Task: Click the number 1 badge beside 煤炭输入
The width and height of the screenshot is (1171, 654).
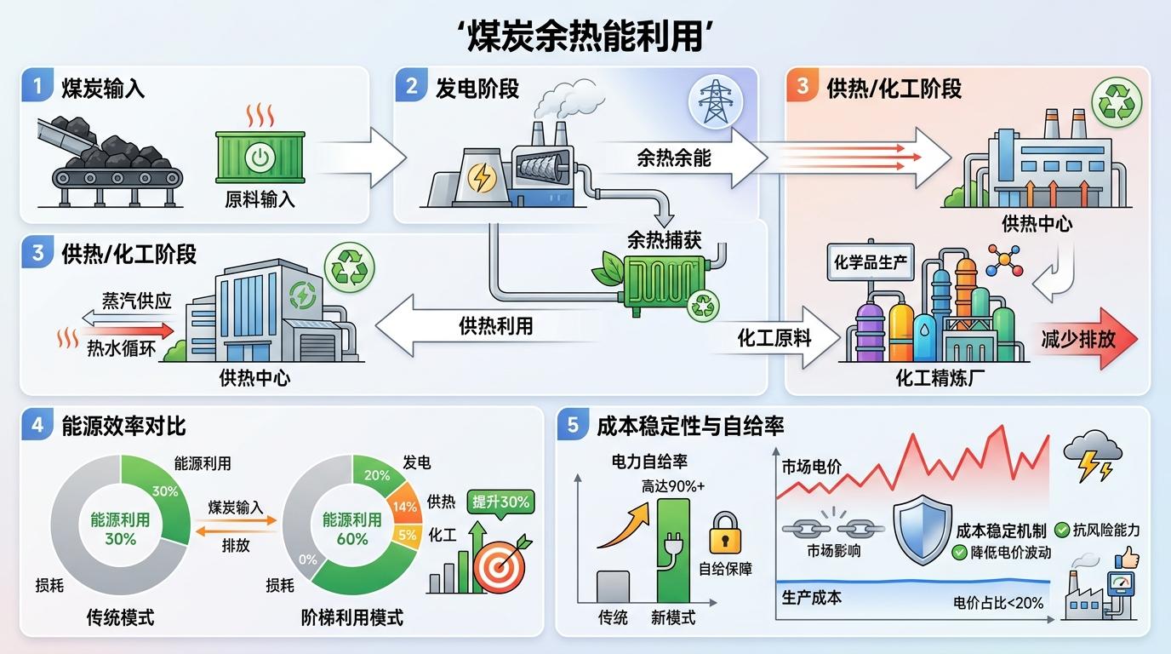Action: (x=37, y=87)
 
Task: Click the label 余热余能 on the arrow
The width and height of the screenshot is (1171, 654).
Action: (x=673, y=157)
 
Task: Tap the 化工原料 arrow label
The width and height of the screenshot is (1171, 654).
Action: (x=774, y=338)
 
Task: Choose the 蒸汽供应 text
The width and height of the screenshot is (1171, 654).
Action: (x=137, y=301)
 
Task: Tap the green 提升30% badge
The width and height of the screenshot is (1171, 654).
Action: (x=501, y=502)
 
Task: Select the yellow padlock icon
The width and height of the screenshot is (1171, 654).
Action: (x=725, y=533)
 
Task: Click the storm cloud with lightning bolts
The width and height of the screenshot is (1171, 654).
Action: (x=1091, y=455)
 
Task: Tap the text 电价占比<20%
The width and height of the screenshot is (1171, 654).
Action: (x=998, y=603)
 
